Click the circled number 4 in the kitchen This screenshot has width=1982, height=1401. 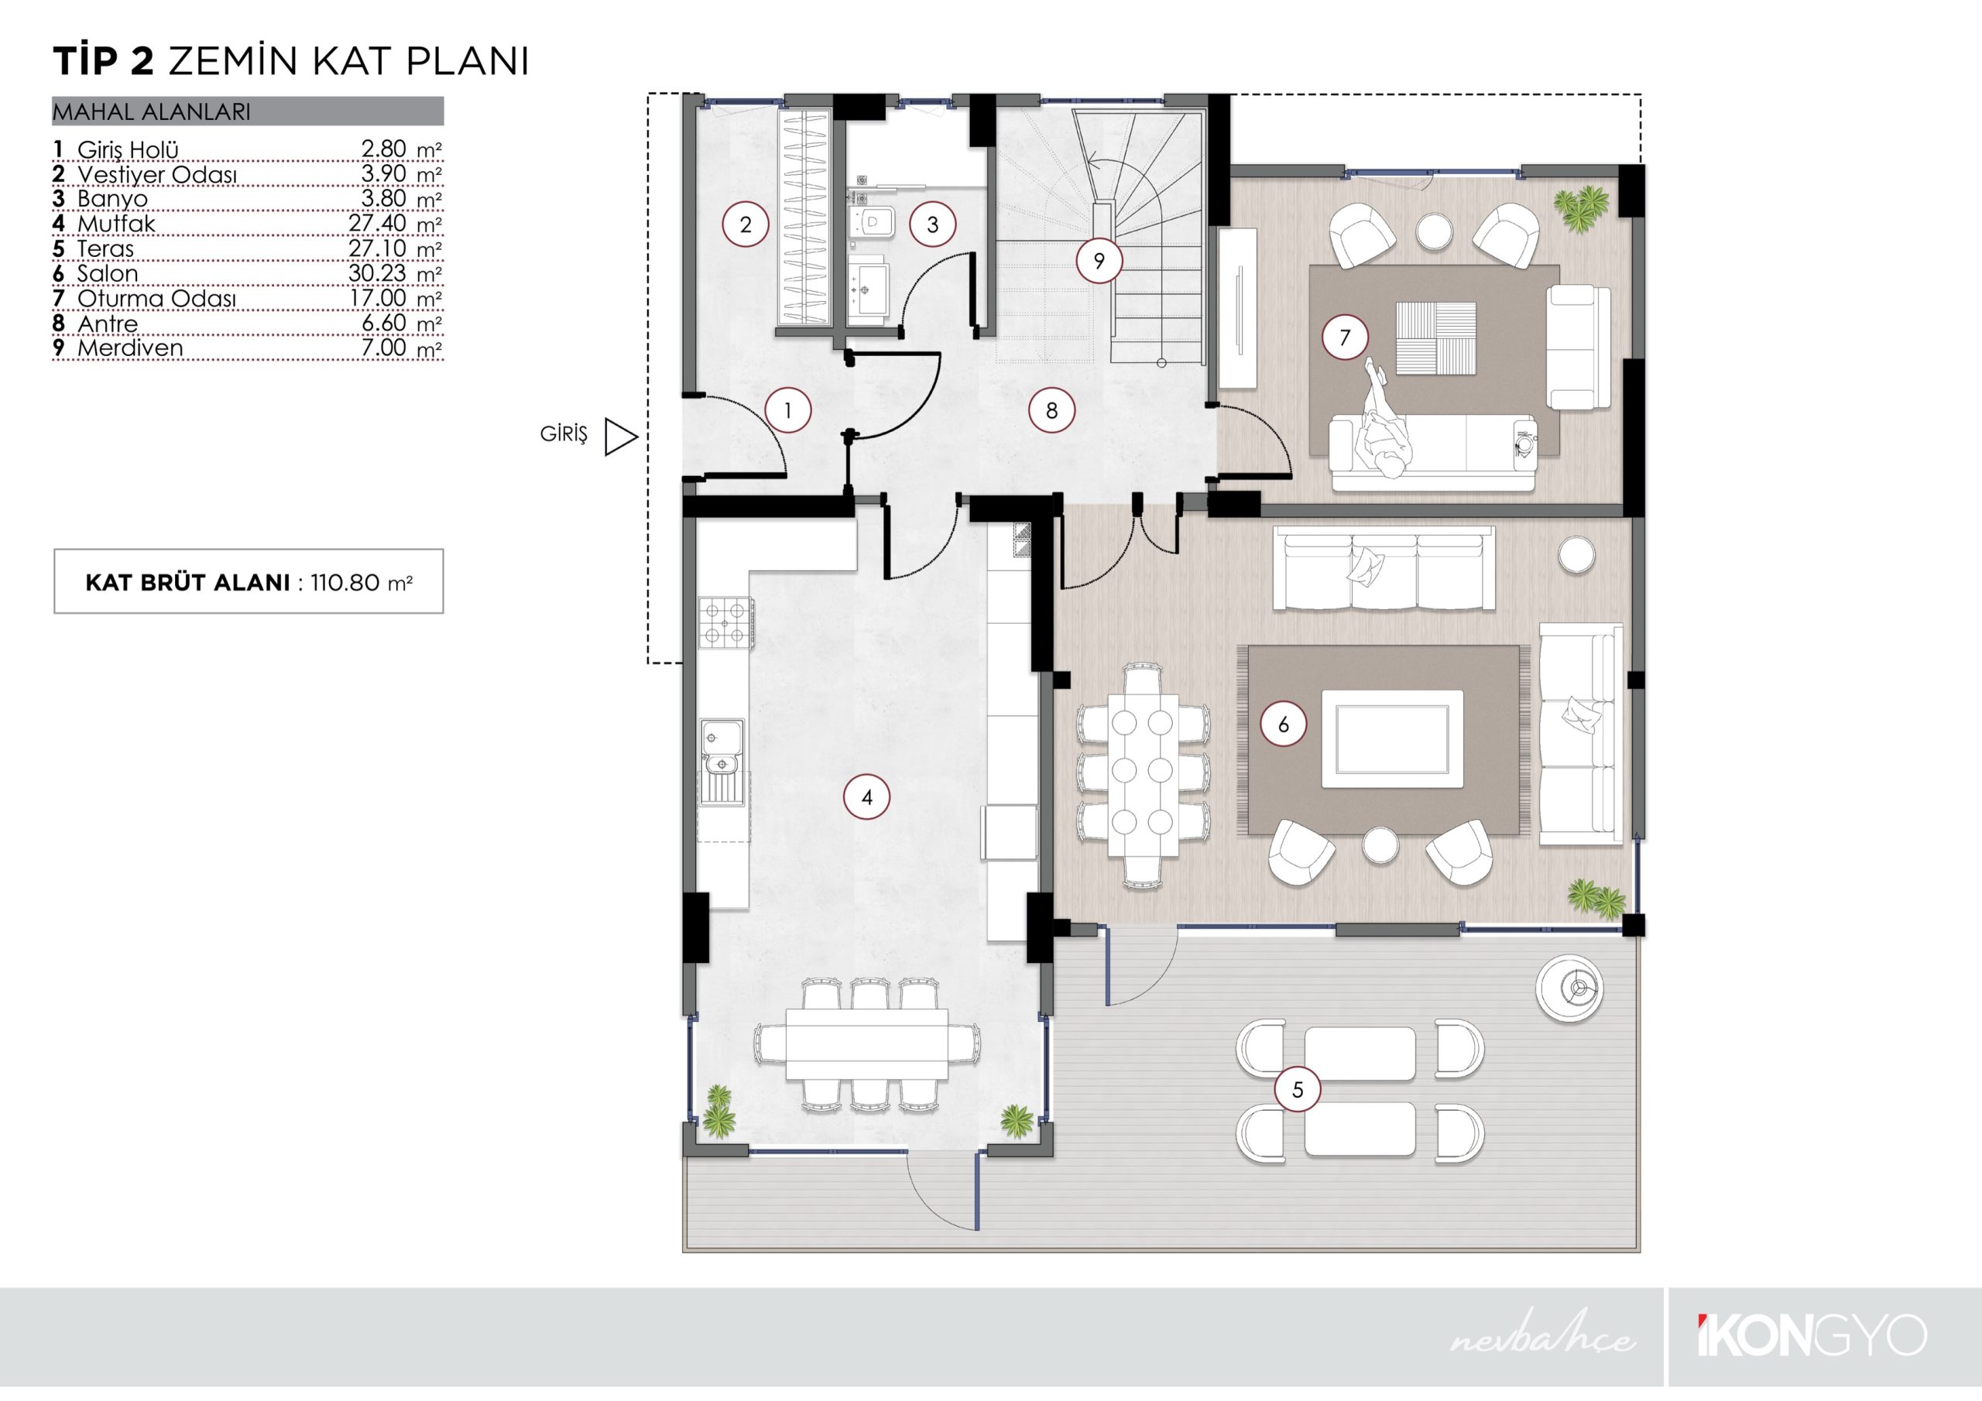tap(866, 797)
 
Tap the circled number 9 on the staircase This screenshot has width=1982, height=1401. tap(1099, 261)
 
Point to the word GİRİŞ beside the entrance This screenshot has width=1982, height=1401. tap(564, 433)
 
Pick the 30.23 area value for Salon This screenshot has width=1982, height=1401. tap(377, 272)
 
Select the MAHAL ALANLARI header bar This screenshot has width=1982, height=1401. tap(248, 111)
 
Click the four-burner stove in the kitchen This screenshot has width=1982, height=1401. tap(725, 622)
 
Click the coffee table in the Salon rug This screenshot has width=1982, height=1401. tap(1392, 739)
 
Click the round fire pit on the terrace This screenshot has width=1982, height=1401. tap(1570, 988)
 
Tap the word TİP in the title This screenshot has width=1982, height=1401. tap(83, 61)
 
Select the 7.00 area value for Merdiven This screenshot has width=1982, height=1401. tap(383, 347)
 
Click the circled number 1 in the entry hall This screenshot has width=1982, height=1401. tap(787, 410)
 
